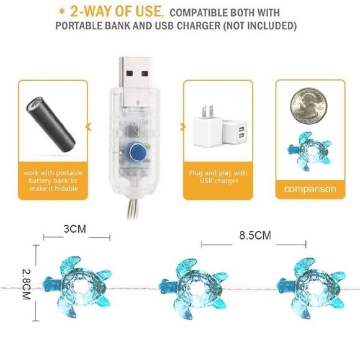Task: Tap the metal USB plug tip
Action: (x=135, y=81)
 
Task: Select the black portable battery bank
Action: (x=50, y=124)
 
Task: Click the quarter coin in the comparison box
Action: (x=308, y=106)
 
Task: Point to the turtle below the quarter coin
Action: (x=309, y=151)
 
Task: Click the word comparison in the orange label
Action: (x=310, y=189)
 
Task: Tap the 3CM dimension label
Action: (x=75, y=229)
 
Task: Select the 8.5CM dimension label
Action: (x=255, y=235)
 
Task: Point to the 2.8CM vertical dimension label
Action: (x=26, y=284)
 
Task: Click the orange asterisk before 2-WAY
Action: (x=62, y=12)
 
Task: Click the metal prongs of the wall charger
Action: (x=207, y=111)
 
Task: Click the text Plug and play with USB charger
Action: (x=218, y=176)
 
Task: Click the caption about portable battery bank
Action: (x=53, y=181)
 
